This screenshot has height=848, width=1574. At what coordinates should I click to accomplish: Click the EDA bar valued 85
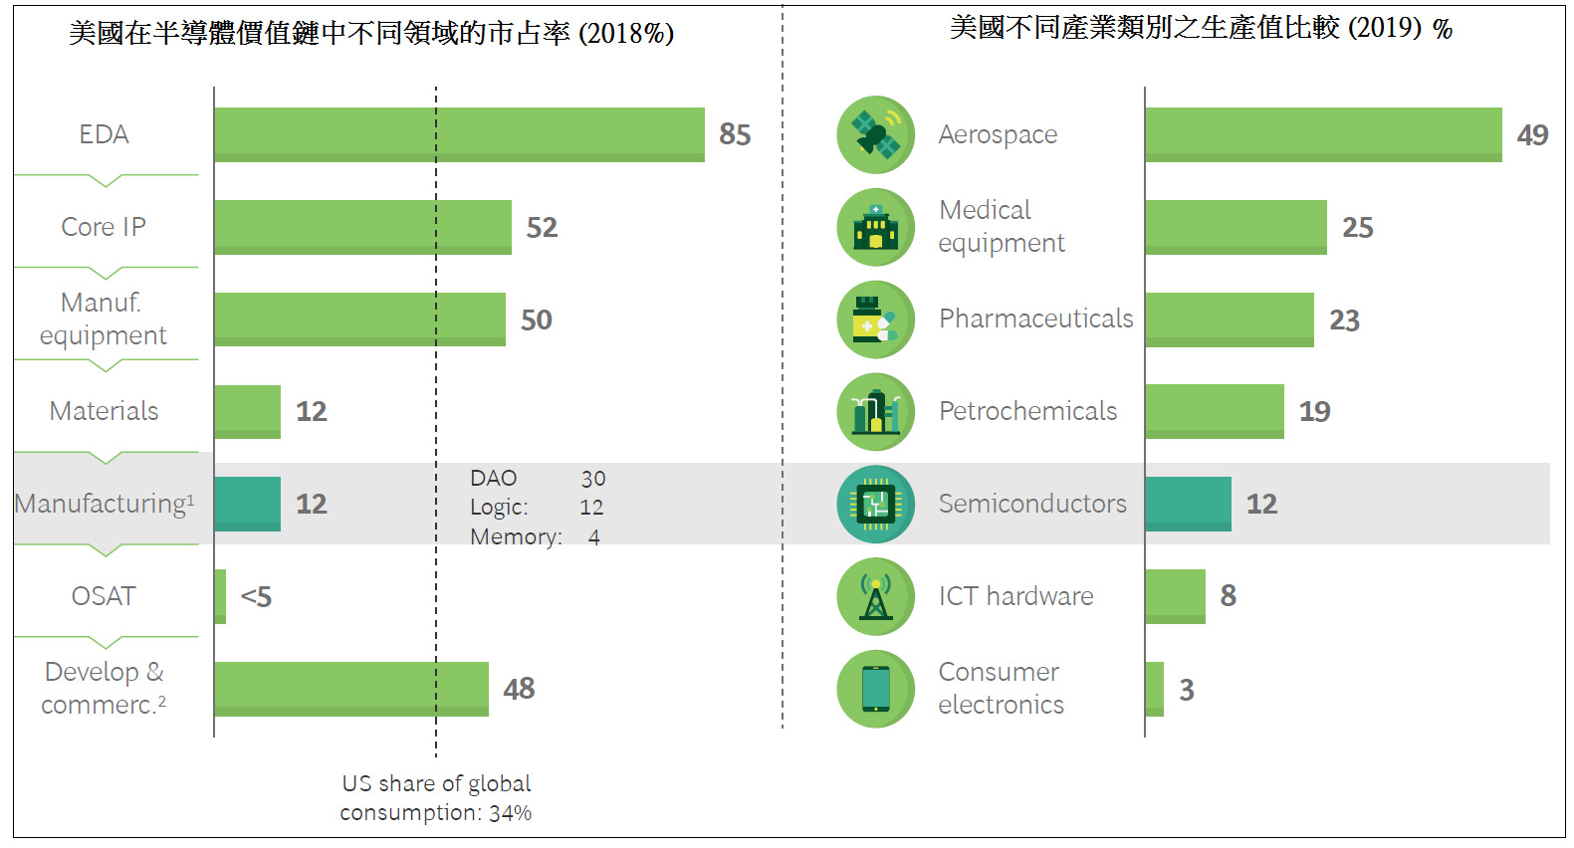pyautogui.click(x=460, y=134)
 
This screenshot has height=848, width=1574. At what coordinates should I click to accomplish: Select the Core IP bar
pyautogui.click(x=362, y=227)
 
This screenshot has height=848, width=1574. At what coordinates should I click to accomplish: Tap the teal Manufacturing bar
pyautogui.click(x=247, y=504)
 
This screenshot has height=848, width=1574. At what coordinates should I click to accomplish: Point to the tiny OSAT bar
pyautogui.click(x=220, y=596)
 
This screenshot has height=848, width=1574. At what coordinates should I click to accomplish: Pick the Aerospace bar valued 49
pyautogui.click(x=1324, y=134)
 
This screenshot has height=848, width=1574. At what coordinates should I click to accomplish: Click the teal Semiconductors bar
pyautogui.click(x=1189, y=504)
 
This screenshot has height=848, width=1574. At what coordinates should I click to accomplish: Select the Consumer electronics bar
pyautogui.click(x=1155, y=689)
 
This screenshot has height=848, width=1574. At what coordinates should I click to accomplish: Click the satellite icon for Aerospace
pyautogui.click(x=875, y=134)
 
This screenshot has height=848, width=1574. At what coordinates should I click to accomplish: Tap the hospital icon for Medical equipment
pyautogui.click(x=875, y=227)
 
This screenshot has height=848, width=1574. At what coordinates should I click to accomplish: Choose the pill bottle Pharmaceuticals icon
pyautogui.click(x=875, y=319)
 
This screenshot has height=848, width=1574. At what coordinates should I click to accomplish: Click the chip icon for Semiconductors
pyautogui.click(x=875, y=504)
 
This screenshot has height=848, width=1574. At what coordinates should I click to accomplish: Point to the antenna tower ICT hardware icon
pyautogui.click(x=875, y=596)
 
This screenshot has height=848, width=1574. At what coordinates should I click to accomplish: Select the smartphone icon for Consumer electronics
pyautogui.click(x=875, y=689)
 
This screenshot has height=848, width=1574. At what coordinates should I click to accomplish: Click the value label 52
pyautogui.click(x=542, y=228)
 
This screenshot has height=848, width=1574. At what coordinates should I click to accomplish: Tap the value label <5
pyautogui.click(x=256, y=597)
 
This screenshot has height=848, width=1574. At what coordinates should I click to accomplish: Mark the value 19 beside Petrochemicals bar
pyautogui.click(x=1315, y=412)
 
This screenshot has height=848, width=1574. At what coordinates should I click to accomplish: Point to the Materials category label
pyautogui.click(x=104, y=411)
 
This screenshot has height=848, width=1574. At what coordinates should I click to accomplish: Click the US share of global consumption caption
pyautogui.click(x=436, y=798)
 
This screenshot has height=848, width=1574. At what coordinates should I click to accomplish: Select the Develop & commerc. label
pyautogui.click(x=104, y=688)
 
